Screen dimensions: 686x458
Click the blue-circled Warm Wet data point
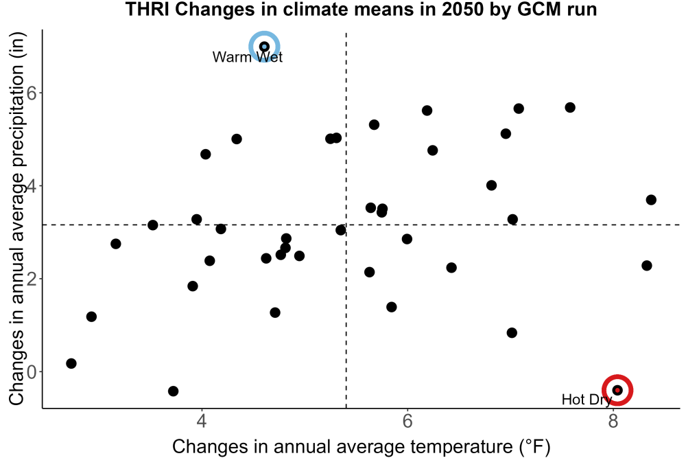point(264,47)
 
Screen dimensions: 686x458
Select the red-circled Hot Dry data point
point(617,390)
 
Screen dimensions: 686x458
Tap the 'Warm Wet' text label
point(248,57)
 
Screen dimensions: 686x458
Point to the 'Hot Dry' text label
point(587,400)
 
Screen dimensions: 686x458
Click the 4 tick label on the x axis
point(202,421)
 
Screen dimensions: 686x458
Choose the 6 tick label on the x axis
point(407,421)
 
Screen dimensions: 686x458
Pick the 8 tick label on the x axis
point(613,421)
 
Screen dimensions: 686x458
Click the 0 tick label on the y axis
point(32,371)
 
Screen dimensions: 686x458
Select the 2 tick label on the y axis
point(32,279)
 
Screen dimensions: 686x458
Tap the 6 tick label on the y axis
point(32,93)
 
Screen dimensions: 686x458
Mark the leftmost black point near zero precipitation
point(71,363)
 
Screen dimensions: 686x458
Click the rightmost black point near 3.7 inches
point(651,200)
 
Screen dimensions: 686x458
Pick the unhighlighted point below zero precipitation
point(174,391)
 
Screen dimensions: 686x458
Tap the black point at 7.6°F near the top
point(570,107)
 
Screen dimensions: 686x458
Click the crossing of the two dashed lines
point(346,225)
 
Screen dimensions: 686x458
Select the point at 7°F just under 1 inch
point(512,333)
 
